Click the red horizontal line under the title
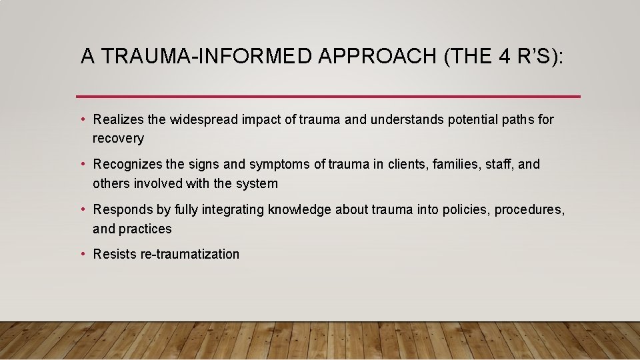328,97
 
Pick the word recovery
118,139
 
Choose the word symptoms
277,164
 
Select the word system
257,183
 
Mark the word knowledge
299,209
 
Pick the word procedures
531,209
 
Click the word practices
145,229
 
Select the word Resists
115,254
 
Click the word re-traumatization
189,254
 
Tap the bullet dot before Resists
83,254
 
